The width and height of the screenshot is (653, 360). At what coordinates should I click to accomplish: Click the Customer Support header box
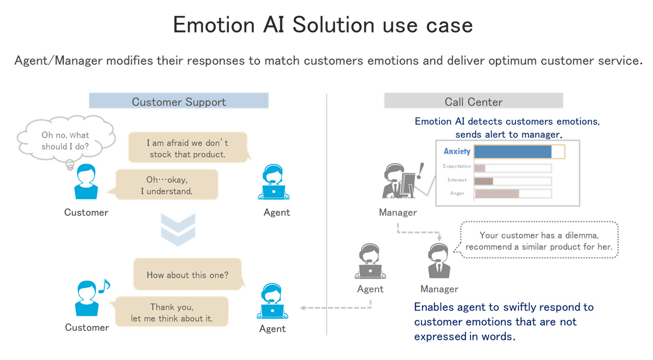pyautogui.click(x=178, y=101)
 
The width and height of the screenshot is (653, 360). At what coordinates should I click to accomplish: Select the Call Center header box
pyautogui.click(x=473, y=101)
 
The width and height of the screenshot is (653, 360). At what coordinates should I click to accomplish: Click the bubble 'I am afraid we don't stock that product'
pyautogui.click(x=188, y=148)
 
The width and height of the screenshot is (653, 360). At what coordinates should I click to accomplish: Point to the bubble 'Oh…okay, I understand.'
pyautogui.click(x=167, y=185)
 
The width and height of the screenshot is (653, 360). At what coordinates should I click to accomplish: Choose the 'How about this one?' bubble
pyautogui.click(x=187, y=274)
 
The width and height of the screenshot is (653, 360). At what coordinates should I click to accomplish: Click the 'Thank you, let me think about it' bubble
pyautogui.click(x=171, y=313)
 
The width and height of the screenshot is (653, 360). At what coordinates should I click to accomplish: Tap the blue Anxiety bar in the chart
pyautogui.click(x=513, y=151)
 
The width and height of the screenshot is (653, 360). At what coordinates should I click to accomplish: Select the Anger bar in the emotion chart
pyautogui.click(x=497, y=193)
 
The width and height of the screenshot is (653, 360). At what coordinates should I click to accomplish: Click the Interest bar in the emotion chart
pyautogui.click(x=484, y=181)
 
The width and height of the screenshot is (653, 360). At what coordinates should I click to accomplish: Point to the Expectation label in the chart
pyautogui.click(x=457, y=166)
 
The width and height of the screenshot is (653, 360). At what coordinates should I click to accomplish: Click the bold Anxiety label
pyautogui.click(x=457, y=151)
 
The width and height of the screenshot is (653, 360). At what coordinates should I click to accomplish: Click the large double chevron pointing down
pyautogui.click(x=178, y=229)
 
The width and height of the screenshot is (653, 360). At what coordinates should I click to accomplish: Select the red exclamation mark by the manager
pyautogui.click(x=420, y=171)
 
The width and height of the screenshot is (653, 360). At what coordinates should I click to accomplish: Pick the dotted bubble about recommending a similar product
pyautogui.click(x=539, y=241)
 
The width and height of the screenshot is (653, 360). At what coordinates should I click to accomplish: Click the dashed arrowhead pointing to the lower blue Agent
pyautogui.click(x=303, y=307)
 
